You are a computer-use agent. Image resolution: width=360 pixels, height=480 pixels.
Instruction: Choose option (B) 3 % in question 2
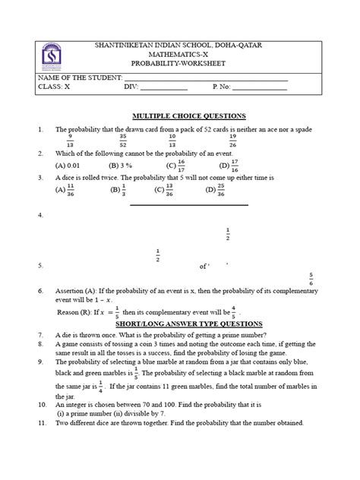(x=121, y=165)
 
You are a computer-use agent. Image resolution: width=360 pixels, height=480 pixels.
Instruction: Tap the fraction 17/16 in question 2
(x=234, y=164)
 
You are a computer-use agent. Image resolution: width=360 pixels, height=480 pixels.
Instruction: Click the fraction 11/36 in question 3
(x=70, y=191)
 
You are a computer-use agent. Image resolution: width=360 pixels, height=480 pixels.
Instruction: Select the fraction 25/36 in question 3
(x=220, y=191)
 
